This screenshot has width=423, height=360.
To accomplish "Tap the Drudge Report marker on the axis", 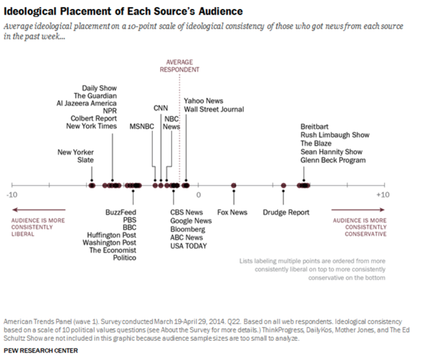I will [x=283, y=186].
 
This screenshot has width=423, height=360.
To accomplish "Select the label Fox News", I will [x=232, y=212].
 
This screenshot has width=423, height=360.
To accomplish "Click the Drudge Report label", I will [x=286, y=212].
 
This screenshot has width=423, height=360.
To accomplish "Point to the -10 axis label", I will [x=12, y=194].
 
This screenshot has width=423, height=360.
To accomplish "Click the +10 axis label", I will [x=382, y=194].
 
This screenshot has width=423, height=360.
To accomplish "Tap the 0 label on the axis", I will [x=198, y=194].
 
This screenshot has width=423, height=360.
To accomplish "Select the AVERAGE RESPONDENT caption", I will [x=179, y=65].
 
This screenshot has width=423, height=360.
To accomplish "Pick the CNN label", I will [x=161, y=108].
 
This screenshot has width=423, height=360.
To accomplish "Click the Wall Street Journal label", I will [x=214, y=109].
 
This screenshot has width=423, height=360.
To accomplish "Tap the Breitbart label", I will [x=316, y=126].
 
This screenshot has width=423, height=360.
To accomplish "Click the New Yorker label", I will [x=76, y=152].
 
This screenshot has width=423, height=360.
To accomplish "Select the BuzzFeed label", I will [x=120, y=212].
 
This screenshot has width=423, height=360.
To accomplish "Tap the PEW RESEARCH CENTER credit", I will [x=40, y=350].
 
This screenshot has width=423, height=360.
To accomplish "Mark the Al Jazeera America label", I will [x=86, y=103].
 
